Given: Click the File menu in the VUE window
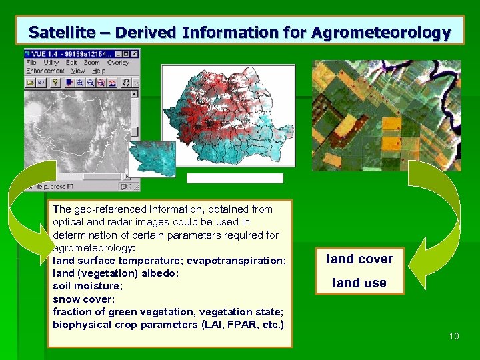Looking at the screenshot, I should coord(31,63).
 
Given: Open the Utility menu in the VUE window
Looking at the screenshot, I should coord(51,63).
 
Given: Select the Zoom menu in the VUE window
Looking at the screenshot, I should coord(91,63).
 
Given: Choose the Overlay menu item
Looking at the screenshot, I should coord(118,63).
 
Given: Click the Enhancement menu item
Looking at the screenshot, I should coord(45,71).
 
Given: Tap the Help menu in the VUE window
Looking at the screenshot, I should coord(99,71).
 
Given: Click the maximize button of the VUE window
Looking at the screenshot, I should coord(125,53).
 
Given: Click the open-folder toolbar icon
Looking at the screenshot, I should coord(31,83).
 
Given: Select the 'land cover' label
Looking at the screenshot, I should coord(359,259).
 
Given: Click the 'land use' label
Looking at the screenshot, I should coord(359,283).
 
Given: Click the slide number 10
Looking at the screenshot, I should coord(453,336).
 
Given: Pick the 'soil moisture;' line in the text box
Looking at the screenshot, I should coord(83,286).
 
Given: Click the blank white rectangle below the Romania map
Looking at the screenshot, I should coord(235,178).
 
